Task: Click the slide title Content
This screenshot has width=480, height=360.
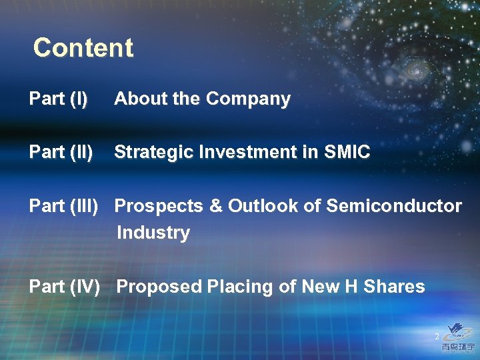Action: [x=83, y=48]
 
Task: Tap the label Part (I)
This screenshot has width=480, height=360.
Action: [x=58, y=99]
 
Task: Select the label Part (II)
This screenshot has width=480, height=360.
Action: [x=61, y=153]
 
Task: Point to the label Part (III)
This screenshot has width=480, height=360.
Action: [x=64, y=207]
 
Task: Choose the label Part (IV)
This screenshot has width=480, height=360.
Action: [x=64, y=287]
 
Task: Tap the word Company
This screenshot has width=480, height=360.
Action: [x=248, y=99]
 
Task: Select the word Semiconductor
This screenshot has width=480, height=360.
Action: [x=393, y=206]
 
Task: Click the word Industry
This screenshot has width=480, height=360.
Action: [x=153, y=233]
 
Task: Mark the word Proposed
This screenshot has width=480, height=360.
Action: [x=159, y=287]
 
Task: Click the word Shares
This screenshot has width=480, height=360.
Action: [x=395, y=287]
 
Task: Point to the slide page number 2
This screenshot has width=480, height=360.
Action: [x=437, y=337]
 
